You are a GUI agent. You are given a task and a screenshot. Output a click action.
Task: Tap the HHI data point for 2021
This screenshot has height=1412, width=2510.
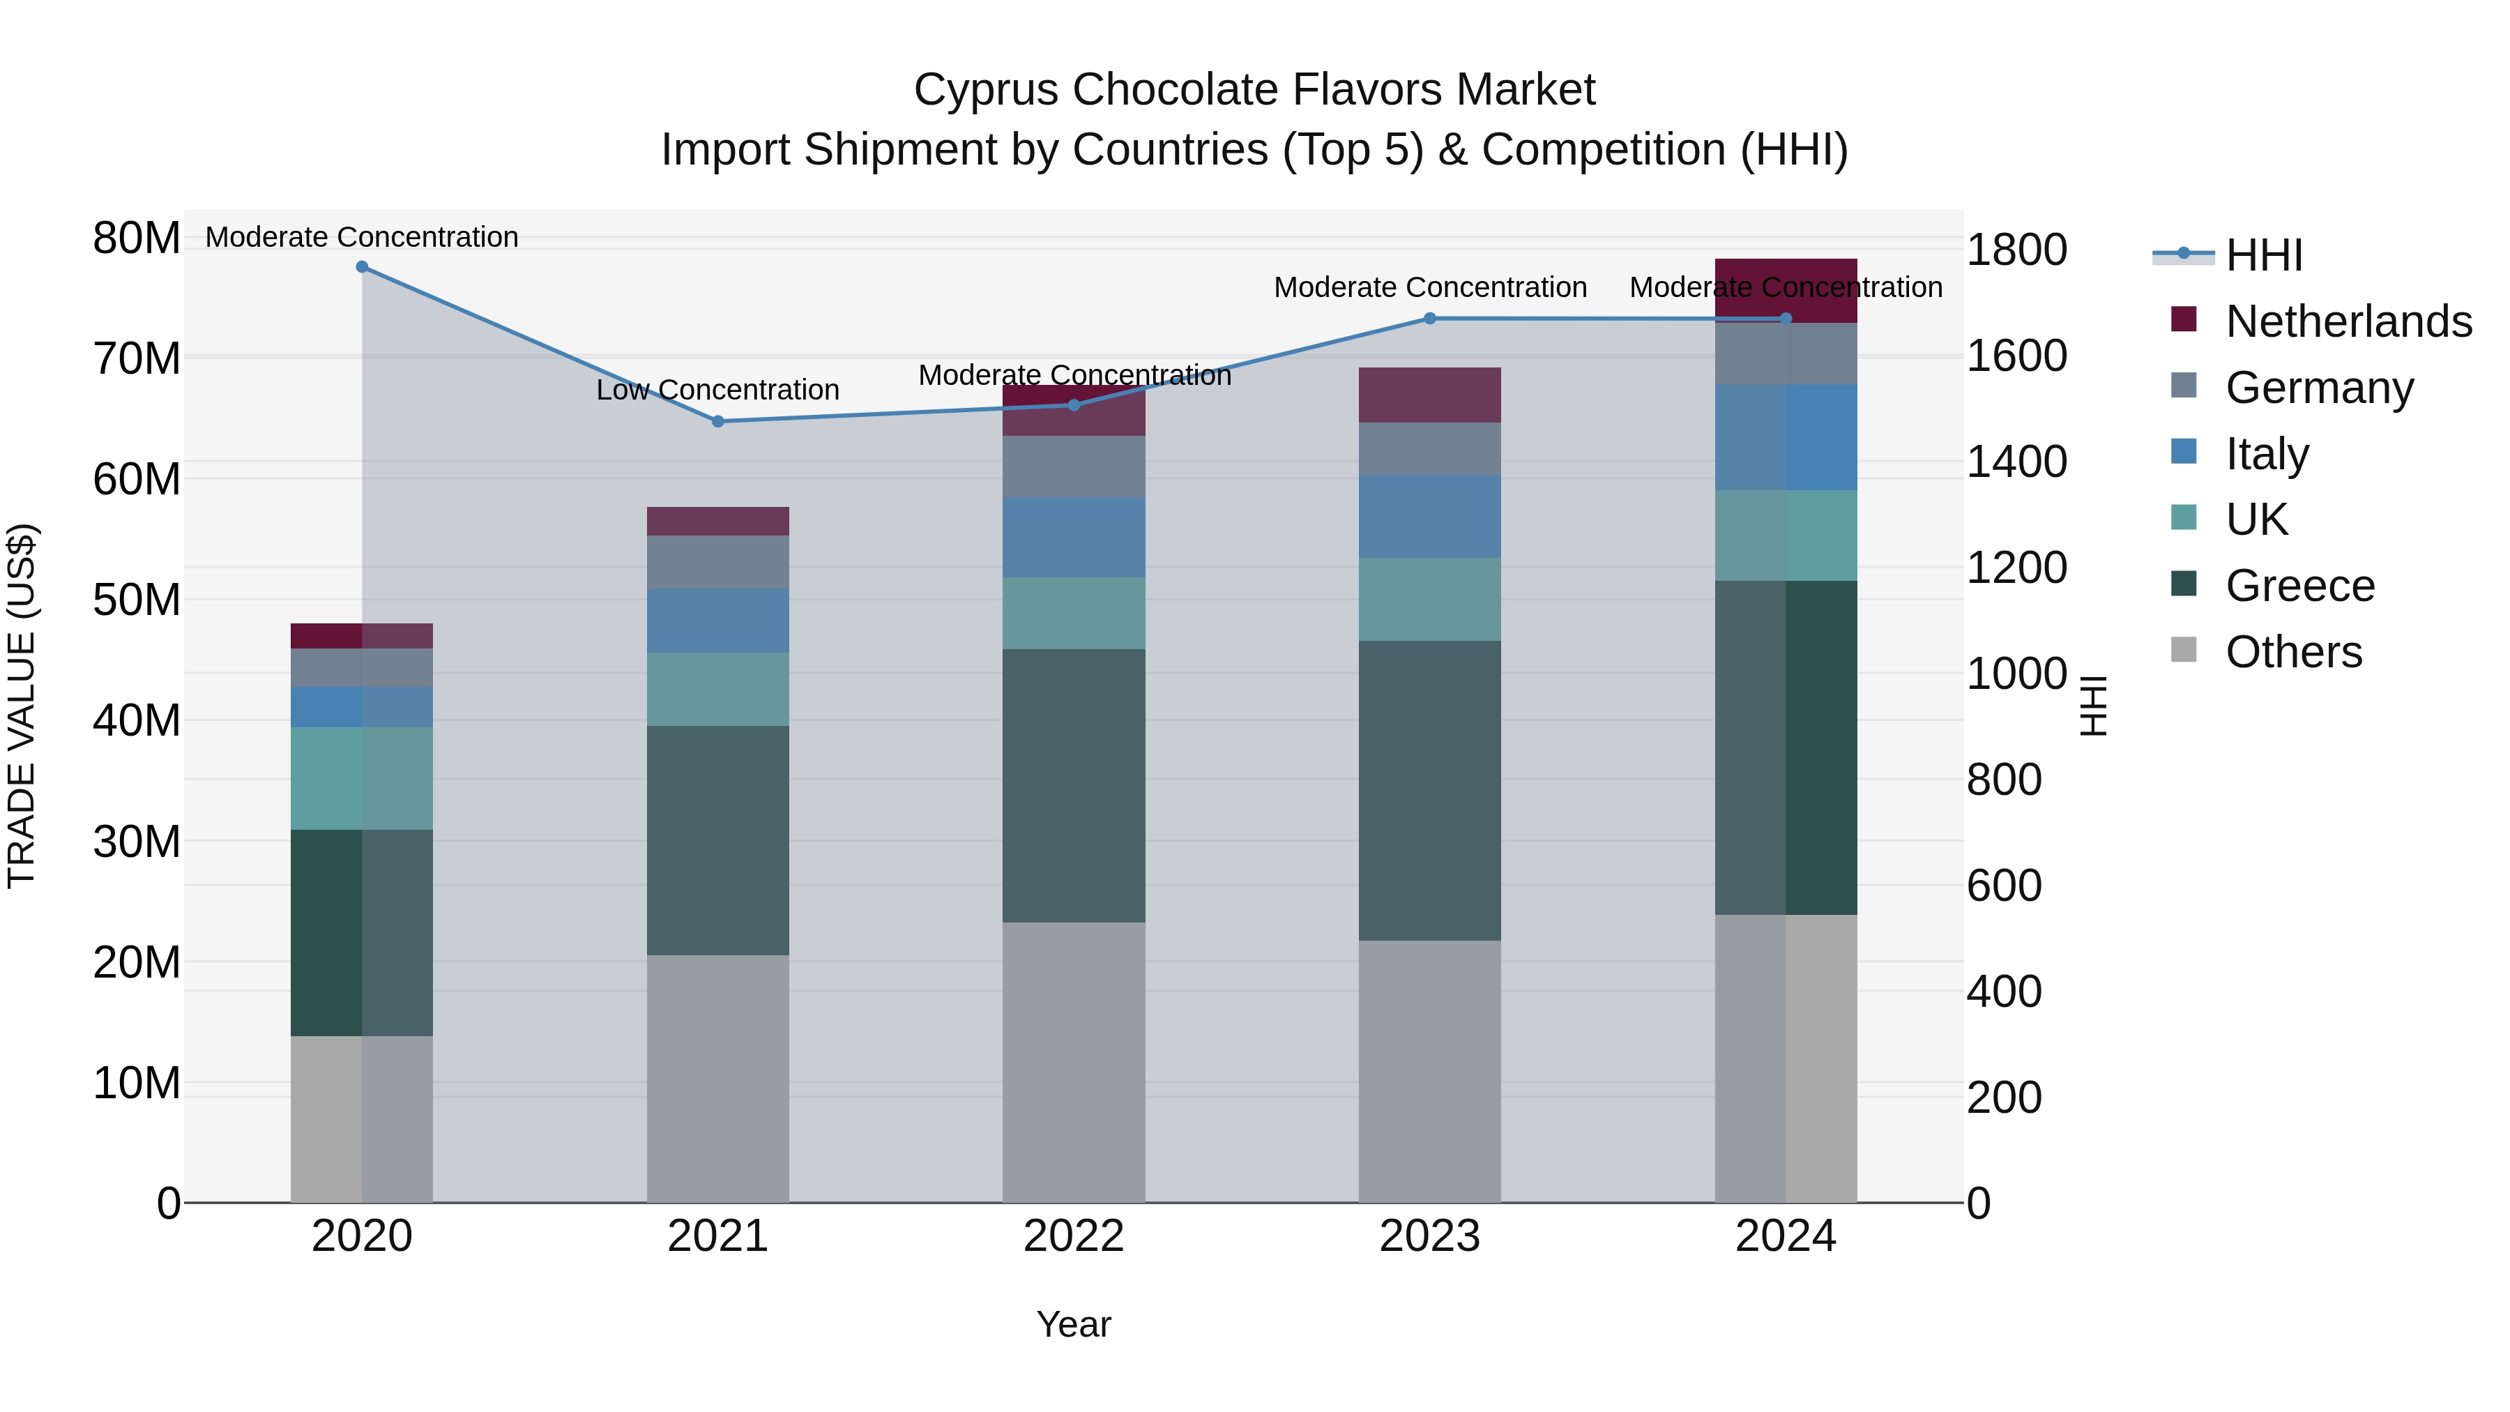coord(718,422)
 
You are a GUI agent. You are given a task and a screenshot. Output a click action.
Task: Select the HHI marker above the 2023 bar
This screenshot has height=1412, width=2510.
coord(1429,319)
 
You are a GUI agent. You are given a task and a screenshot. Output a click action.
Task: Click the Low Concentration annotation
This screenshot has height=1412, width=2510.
coord(717,390)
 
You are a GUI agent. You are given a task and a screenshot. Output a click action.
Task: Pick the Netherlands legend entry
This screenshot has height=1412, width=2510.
coord(2348,321)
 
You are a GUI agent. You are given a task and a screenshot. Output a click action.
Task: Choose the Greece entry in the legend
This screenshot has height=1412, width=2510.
coord(2299,586)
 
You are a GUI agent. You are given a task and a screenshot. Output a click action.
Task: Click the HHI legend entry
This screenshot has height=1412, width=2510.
coord(2263,255)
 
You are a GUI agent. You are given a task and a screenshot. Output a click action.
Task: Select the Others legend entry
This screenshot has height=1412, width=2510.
coord(2294,652)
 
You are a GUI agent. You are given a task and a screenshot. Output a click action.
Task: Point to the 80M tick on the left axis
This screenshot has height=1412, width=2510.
coord(137,238)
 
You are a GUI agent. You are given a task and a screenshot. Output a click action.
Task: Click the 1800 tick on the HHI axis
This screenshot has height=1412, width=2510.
coord(2016,250)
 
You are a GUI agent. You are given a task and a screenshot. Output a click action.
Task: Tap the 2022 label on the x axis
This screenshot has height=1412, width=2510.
coord(1074,1236)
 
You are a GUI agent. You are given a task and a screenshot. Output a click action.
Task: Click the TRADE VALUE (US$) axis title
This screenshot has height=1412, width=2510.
coord(22,706)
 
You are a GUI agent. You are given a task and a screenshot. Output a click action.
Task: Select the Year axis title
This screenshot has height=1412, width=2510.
coord(1074,1324)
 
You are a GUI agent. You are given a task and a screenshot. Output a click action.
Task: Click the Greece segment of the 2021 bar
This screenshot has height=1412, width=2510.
coord(718,840)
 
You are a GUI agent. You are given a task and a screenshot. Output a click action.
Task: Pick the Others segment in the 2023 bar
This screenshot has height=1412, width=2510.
coord(1429,1071)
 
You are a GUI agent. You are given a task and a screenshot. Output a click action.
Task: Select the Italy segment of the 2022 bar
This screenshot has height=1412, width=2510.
coord(1074,537)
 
